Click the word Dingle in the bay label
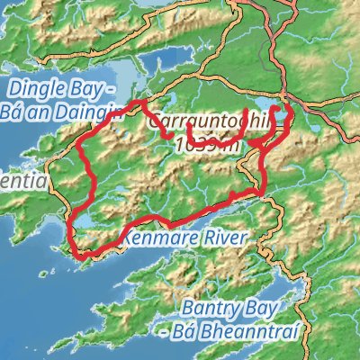[34, 89]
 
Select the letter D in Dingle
[13, 89]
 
